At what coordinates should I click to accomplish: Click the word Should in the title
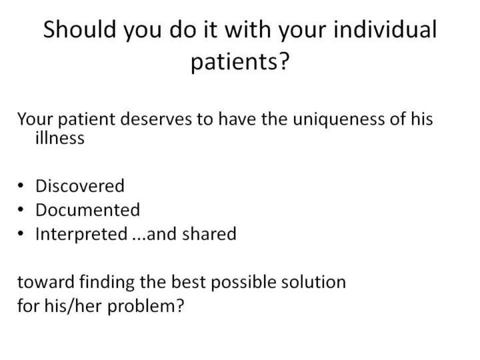coord(79,29)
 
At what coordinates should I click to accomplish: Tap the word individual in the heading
coord(385,29)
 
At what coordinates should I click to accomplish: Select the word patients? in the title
coord(240,62)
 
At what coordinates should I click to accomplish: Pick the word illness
coord(60,138)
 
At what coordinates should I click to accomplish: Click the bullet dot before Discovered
coord(21,186)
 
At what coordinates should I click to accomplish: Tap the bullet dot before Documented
coord(21,210)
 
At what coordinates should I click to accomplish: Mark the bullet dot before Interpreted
coord(21,233)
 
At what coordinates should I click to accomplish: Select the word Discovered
coord(80,186)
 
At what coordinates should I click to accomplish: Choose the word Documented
coord(88,210)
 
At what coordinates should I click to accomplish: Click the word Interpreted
coord(81,235)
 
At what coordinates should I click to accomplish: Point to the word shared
coord(209,234)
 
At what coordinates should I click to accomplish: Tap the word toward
coord(46,281)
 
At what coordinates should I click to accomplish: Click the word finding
coord(107,282)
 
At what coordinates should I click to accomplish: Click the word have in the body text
coord(237,119)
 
